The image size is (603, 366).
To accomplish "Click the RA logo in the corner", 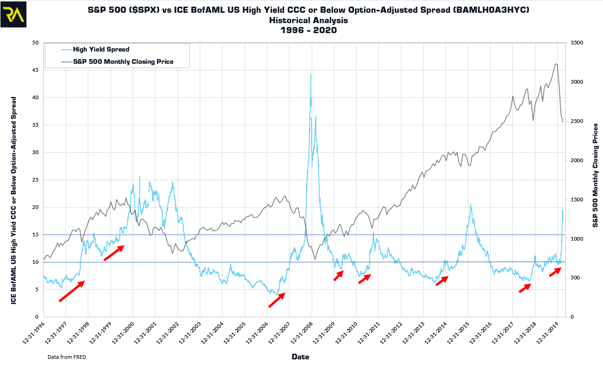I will [x=14, y=14].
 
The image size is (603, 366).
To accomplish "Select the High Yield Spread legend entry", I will [x=101, y=49].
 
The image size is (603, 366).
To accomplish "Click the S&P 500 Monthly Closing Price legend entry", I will [x=123, y=61].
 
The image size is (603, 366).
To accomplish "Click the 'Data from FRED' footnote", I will [x=67, y=357].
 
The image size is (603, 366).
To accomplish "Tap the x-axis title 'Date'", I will [x=300, y=357].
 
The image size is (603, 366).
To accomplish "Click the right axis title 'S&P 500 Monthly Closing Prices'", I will [x=595, y=175].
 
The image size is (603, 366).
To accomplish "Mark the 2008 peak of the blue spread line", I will [x=310, y=74].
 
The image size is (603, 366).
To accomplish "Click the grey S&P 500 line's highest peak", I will [x=556, y=64].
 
